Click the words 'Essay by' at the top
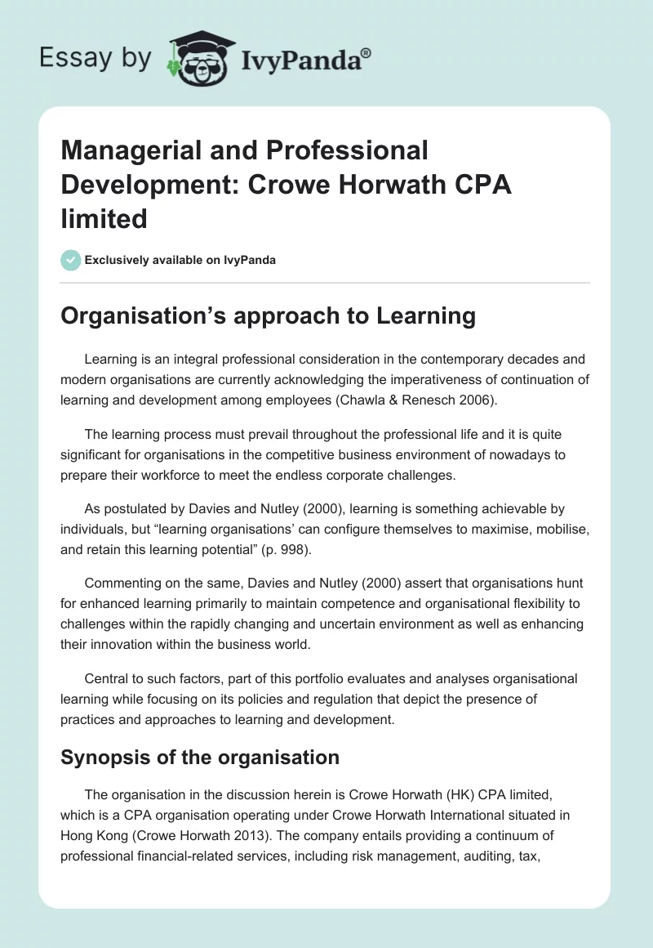(x=96, y=58)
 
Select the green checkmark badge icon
(x=70, y=261)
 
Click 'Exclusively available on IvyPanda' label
(x=180, y=261)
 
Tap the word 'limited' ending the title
(x=104, y=219)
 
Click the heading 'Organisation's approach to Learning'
(x=268, y=316)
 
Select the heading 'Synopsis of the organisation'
(x=200, y=757)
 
